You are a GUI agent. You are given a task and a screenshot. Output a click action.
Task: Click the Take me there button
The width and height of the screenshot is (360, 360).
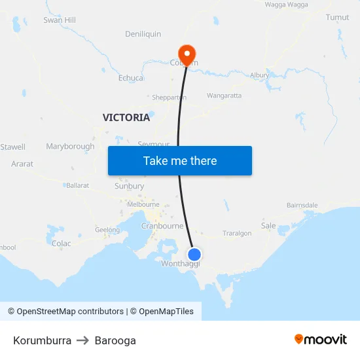(180, 161)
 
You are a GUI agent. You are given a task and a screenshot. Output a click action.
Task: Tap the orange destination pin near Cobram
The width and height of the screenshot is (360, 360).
(187, 54)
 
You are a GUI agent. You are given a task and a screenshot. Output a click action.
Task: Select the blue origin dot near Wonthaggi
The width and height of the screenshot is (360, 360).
(194, 254)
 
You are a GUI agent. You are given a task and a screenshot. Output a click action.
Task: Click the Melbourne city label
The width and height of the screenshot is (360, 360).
(143, 204)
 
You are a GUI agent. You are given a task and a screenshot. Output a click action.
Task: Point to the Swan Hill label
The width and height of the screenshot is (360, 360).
(60, 20)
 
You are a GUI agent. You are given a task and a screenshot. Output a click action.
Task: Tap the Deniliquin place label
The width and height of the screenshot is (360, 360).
(143, 34)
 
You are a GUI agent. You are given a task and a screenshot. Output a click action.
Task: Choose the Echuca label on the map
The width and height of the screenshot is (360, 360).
(131, 78)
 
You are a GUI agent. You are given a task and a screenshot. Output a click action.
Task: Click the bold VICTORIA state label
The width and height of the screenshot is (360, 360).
(126, 118)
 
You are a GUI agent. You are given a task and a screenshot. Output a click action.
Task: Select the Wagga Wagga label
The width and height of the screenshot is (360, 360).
(286, 5)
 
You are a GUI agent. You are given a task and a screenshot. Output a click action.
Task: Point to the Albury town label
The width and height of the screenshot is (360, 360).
(259, 75)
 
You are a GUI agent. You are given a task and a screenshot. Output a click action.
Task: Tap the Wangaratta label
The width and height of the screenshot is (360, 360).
(224, 96)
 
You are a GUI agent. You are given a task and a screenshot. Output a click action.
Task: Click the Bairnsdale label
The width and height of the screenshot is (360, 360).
(302, 205)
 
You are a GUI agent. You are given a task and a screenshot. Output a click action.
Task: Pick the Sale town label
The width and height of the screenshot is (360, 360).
(268, 225)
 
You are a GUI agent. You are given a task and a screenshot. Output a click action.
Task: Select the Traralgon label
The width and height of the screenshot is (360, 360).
(237, 233)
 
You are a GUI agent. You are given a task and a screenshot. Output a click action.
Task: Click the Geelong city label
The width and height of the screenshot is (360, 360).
(107, 230)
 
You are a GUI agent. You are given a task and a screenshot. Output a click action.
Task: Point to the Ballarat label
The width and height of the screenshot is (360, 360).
(77, 185)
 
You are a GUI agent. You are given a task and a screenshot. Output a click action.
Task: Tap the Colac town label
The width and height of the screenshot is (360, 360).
(61, 243)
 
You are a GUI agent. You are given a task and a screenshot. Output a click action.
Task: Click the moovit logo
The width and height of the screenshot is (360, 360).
(321, 340)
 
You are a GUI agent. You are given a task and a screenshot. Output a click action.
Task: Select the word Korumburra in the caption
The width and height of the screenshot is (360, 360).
(42, 340)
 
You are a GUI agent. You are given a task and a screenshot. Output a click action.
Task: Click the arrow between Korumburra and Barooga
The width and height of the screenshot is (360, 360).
(83, 340)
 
